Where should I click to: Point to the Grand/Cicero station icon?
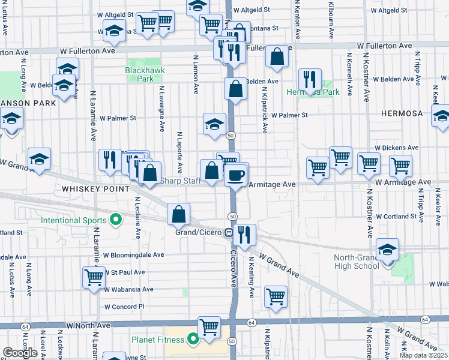[x=229, y=232]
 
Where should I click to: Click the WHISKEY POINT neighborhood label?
[x=95, y=188]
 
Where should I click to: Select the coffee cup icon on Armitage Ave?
[x=236, y=175]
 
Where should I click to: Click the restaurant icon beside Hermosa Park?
[x=310, y=78]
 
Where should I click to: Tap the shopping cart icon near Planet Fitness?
[x=209, y=328]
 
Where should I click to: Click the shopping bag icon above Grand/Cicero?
[x=179, y=214]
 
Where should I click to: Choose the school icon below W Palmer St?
[x=214, y=124]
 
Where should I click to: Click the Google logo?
[x=20, y=353]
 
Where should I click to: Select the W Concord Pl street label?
[x=124, y=306]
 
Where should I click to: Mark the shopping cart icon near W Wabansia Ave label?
[x=94, y=278]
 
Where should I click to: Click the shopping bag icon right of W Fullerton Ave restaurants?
[x=276, y=57]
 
